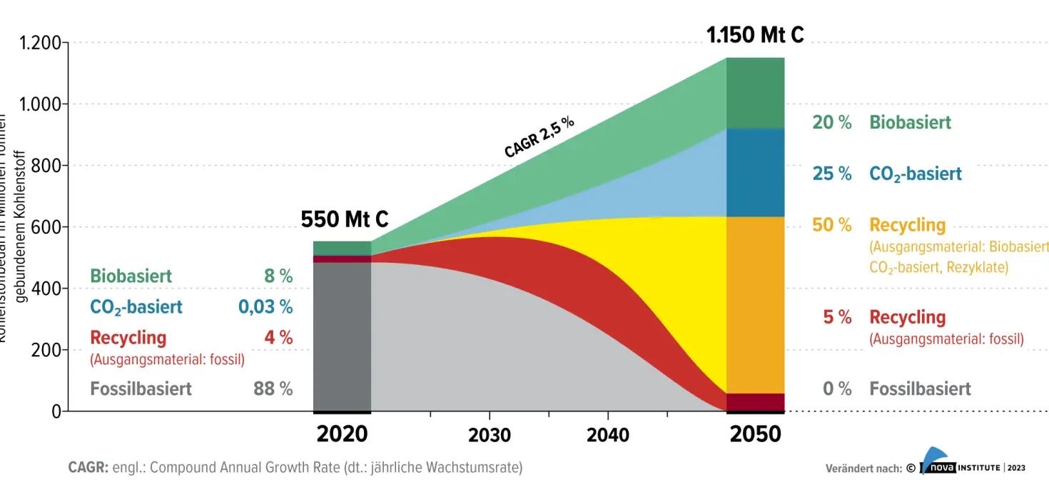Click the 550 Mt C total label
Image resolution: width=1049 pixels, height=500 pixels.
(x=345, y=219)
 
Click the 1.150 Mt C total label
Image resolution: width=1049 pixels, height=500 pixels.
(x=755, y=34)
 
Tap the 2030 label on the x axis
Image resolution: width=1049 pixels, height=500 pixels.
(x=490, y=435)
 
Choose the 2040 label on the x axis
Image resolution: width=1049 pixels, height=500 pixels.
(x=608, y=435)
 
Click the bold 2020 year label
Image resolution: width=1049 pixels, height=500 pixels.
(x=343, y=434)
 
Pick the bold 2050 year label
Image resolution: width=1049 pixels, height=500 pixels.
(x=756, y=434)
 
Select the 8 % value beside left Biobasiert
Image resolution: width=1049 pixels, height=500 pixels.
(x=278, y=276)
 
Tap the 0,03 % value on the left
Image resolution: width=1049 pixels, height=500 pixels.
(x=265, y=307)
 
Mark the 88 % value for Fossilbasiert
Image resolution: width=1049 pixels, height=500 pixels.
(x=273, y=389)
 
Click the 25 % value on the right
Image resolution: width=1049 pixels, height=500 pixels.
(x=831, y=174)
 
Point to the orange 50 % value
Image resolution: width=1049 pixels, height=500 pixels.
(x=831, y=225)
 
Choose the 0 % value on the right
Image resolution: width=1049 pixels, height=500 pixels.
(x=837, y=389)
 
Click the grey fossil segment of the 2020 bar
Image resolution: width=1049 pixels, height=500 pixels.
(x=343, y=336)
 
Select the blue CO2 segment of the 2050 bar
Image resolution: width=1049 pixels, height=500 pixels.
(x=755, y=172)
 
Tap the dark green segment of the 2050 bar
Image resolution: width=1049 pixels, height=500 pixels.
(x=755, y=93)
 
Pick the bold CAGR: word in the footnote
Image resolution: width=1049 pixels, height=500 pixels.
(x=88, y=468)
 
